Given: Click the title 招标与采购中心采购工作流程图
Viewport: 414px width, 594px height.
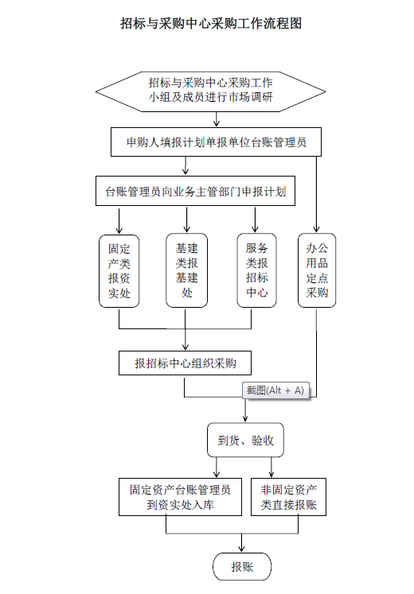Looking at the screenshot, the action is pyautogui.click(x=211, y=24).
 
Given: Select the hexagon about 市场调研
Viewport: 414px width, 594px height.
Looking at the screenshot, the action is pyautogui.click(x=210, y=91).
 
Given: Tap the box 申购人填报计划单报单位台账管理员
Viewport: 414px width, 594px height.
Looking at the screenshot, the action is pyautogui.click(x=216, y=142).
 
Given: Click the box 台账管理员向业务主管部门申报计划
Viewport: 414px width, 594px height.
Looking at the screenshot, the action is pyautogui.click(x=195, y=191).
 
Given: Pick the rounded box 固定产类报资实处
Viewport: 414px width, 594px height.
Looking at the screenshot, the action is pyautogui.click(x=119, y=271).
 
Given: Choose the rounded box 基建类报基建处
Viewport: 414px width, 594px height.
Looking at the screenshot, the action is pyautogui.click(x=186, y=270).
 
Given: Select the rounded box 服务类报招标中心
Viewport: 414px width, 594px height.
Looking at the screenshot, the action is pyautogui.click(x=256, y=270).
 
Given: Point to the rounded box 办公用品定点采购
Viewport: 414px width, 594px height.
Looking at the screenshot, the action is pyautogui.click(x=317, y=270).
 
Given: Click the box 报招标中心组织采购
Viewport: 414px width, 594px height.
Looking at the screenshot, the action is pyautogui.click(x=185, y=363).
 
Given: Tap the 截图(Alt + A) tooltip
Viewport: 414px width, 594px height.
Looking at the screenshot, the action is pyautogui.click(x=275, y=390).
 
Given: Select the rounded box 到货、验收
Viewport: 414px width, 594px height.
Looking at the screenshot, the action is pyautogui.click(x=245, y=440).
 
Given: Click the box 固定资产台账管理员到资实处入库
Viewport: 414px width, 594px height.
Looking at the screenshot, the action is pyautogui.click(x=180, y=497).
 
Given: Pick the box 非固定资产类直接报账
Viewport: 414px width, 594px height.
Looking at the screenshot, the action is pyautogui.click(x=288, y=497).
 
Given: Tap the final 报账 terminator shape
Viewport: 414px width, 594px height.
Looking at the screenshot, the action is pyautogui.click(x=242, y=567).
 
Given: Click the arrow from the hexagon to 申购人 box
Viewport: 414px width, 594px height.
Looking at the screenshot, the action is pyautogui.click(x=217, y=119).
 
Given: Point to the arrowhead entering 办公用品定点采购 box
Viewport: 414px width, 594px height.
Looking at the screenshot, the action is pyautogui.click(x=316, y=229).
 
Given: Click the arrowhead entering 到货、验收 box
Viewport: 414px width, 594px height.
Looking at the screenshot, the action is pyautogui.click(x=245, y=418).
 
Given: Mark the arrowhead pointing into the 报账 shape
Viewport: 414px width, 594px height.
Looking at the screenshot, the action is pyautogui.click(x=241, y=549).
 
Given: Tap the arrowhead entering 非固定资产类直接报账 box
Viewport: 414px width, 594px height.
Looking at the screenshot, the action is pyautogui.click(x=271, y=474).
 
